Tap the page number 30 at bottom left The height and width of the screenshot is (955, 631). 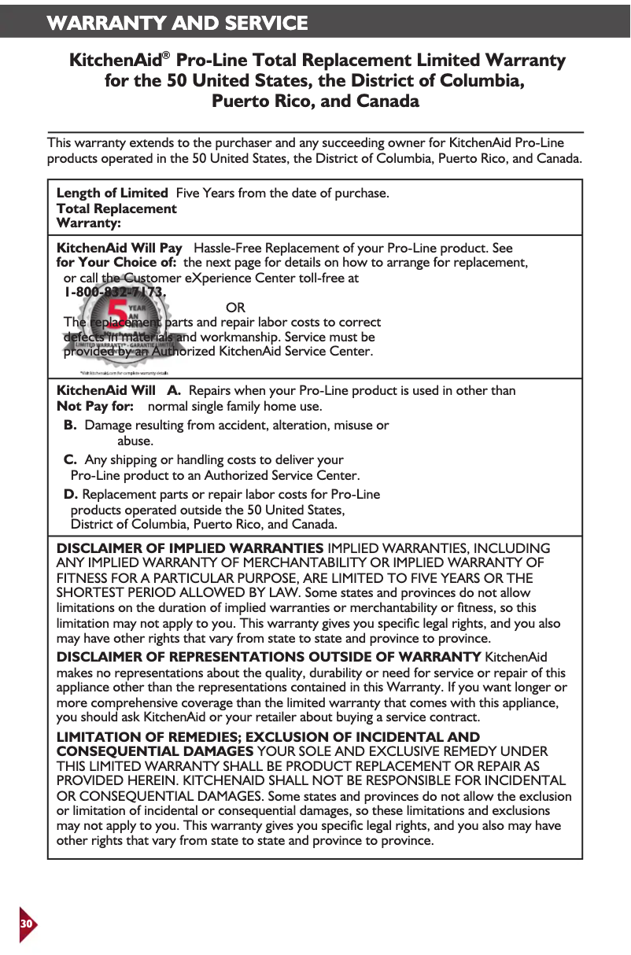(x=26, y=922)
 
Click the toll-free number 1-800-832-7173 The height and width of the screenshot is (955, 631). (x=115, y=292)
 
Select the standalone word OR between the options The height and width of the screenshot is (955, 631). (x=235, y=307)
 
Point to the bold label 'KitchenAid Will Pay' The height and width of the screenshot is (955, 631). (x=120, y=248)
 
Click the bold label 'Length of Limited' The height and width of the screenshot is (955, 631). (x=112, y=193)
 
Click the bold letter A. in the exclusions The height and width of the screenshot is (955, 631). (x=174, y=390)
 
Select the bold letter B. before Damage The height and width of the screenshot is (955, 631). (x=70, y=425)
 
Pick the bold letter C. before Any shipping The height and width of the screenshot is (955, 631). (x=70, y=459)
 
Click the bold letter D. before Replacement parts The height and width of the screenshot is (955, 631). (x=71, y=494)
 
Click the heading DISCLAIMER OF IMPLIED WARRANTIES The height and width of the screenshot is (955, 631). (x=190, y=548)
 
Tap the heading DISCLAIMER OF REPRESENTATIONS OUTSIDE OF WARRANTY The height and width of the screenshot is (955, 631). (x=268, y=657)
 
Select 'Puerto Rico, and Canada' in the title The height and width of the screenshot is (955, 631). (x=315, y=101)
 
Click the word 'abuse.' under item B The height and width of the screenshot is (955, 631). (x=135, y=441)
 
